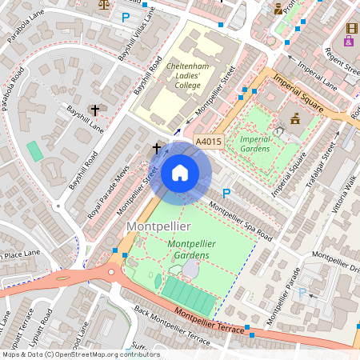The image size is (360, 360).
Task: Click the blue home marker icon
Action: (180, 173)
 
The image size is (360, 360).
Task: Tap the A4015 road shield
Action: (208, 142)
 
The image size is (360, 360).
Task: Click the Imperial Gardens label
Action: (255, 143)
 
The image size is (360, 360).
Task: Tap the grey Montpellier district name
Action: (158, 227)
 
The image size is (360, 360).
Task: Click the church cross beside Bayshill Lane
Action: (95, 110)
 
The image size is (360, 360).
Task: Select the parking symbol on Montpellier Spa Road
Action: (226, 193)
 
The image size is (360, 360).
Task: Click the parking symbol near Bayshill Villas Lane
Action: (125, 17)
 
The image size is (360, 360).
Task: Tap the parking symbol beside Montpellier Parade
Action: (302, 293)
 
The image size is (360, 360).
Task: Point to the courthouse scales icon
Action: (102, 3)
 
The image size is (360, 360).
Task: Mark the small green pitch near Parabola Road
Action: (34, 150)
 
